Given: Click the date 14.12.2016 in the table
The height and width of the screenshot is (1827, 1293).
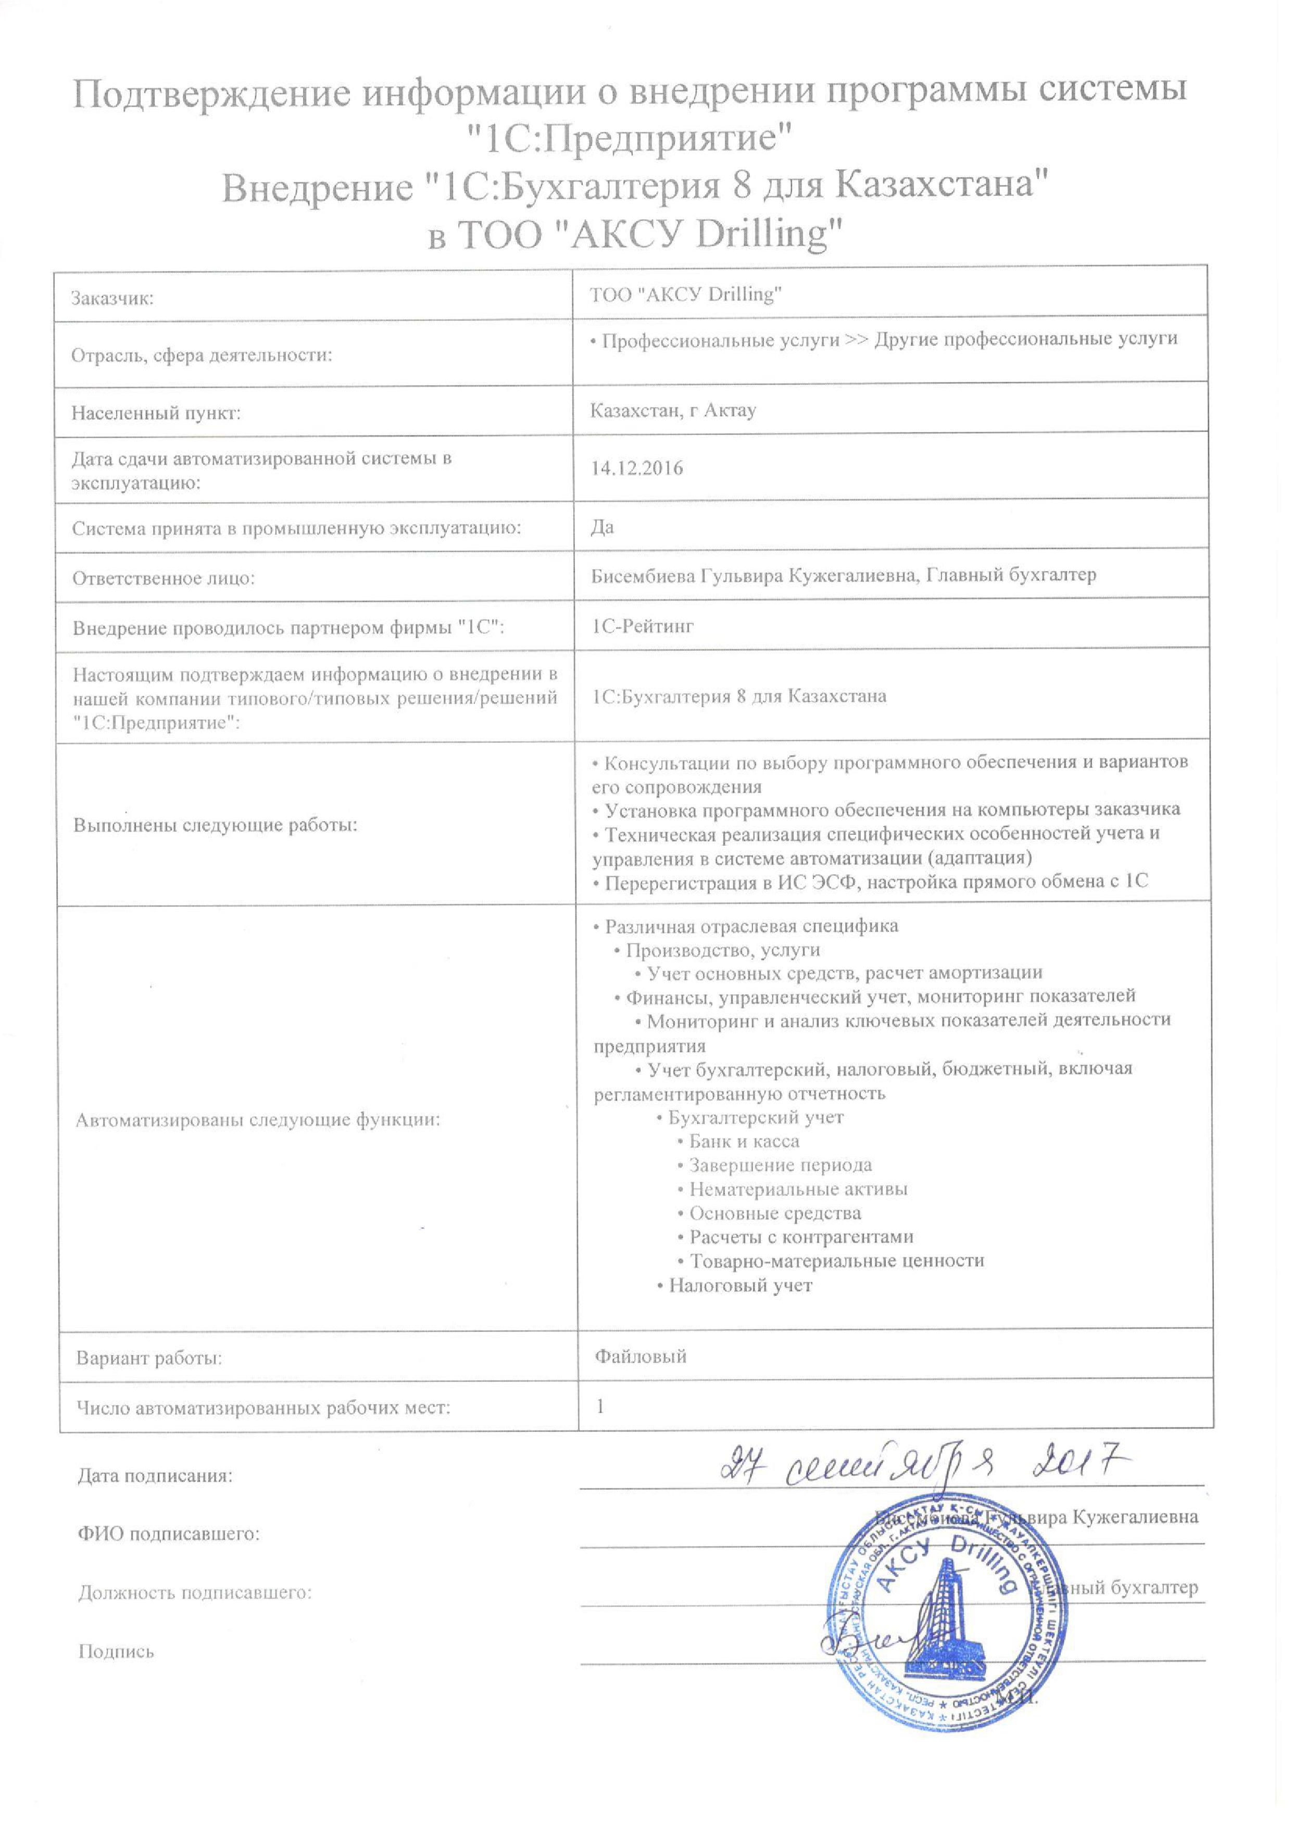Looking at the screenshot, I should tap(636, 468).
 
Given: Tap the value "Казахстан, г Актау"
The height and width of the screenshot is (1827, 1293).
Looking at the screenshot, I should tap(673, 411).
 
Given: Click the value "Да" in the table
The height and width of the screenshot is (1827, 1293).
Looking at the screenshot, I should tap(602, 527).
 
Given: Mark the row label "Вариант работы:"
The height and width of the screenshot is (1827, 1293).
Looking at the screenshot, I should tap(149, 1358).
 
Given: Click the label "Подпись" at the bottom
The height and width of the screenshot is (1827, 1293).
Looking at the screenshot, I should tap(116, 1651).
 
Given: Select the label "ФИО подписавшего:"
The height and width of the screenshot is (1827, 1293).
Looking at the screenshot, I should tap(169, 1534).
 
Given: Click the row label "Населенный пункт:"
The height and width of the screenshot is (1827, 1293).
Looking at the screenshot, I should tap(156, 413).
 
